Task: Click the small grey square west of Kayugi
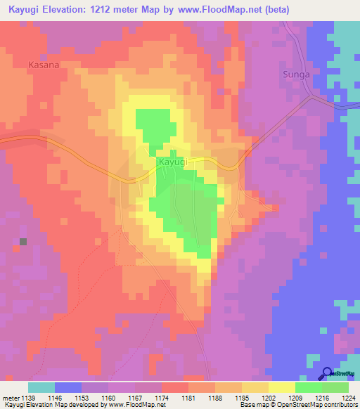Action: (23, 242)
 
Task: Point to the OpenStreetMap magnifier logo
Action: (328, 373)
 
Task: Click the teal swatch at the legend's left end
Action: (41, 387)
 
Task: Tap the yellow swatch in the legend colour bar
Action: (282, 387)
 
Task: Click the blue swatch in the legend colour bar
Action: (68, 387)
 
